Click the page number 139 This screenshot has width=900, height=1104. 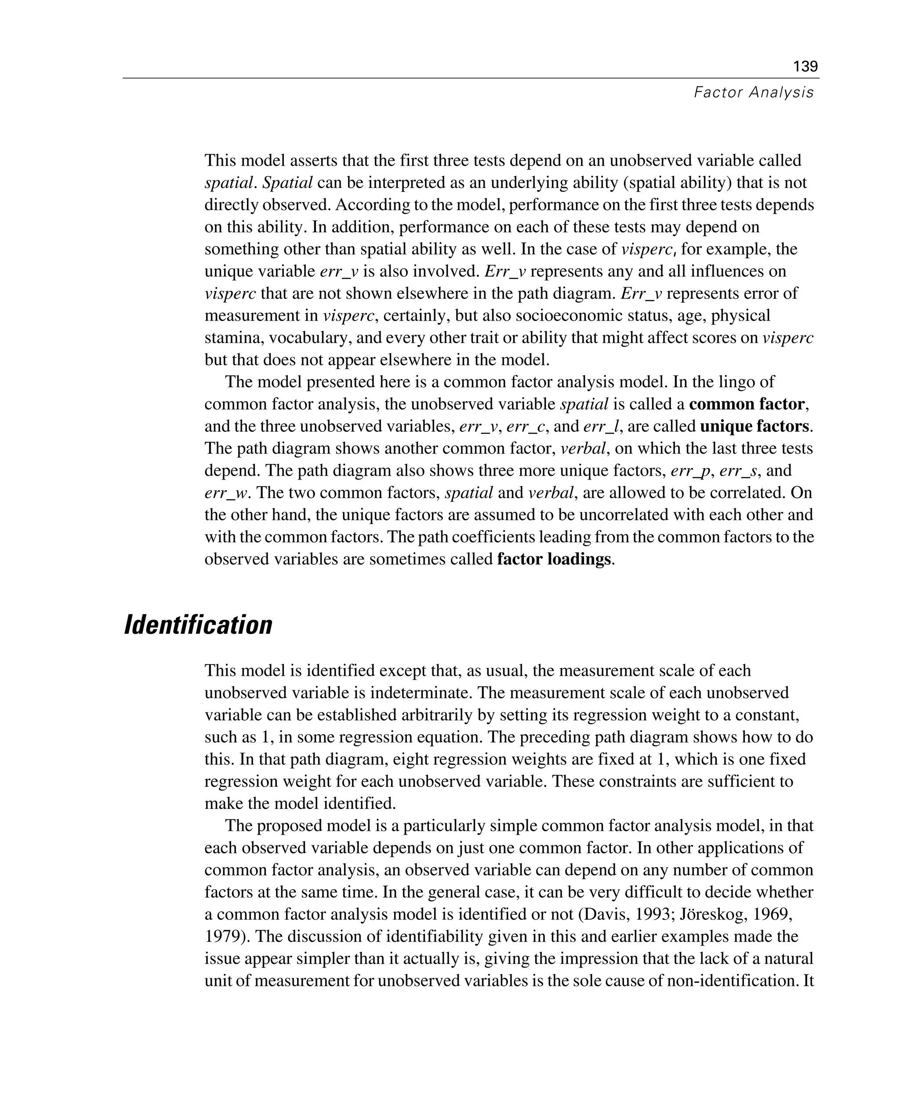pyautogui.click(x=805, y=66)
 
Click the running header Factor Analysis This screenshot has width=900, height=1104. pyautogui.click(x=753, y=93)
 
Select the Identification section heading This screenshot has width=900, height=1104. pyautogui.click(x=198, y=625)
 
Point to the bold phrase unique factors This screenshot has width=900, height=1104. pyautogui.click(x=754, y=426)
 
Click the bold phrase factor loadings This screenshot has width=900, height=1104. pyautogui.click(x=554, y=559)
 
